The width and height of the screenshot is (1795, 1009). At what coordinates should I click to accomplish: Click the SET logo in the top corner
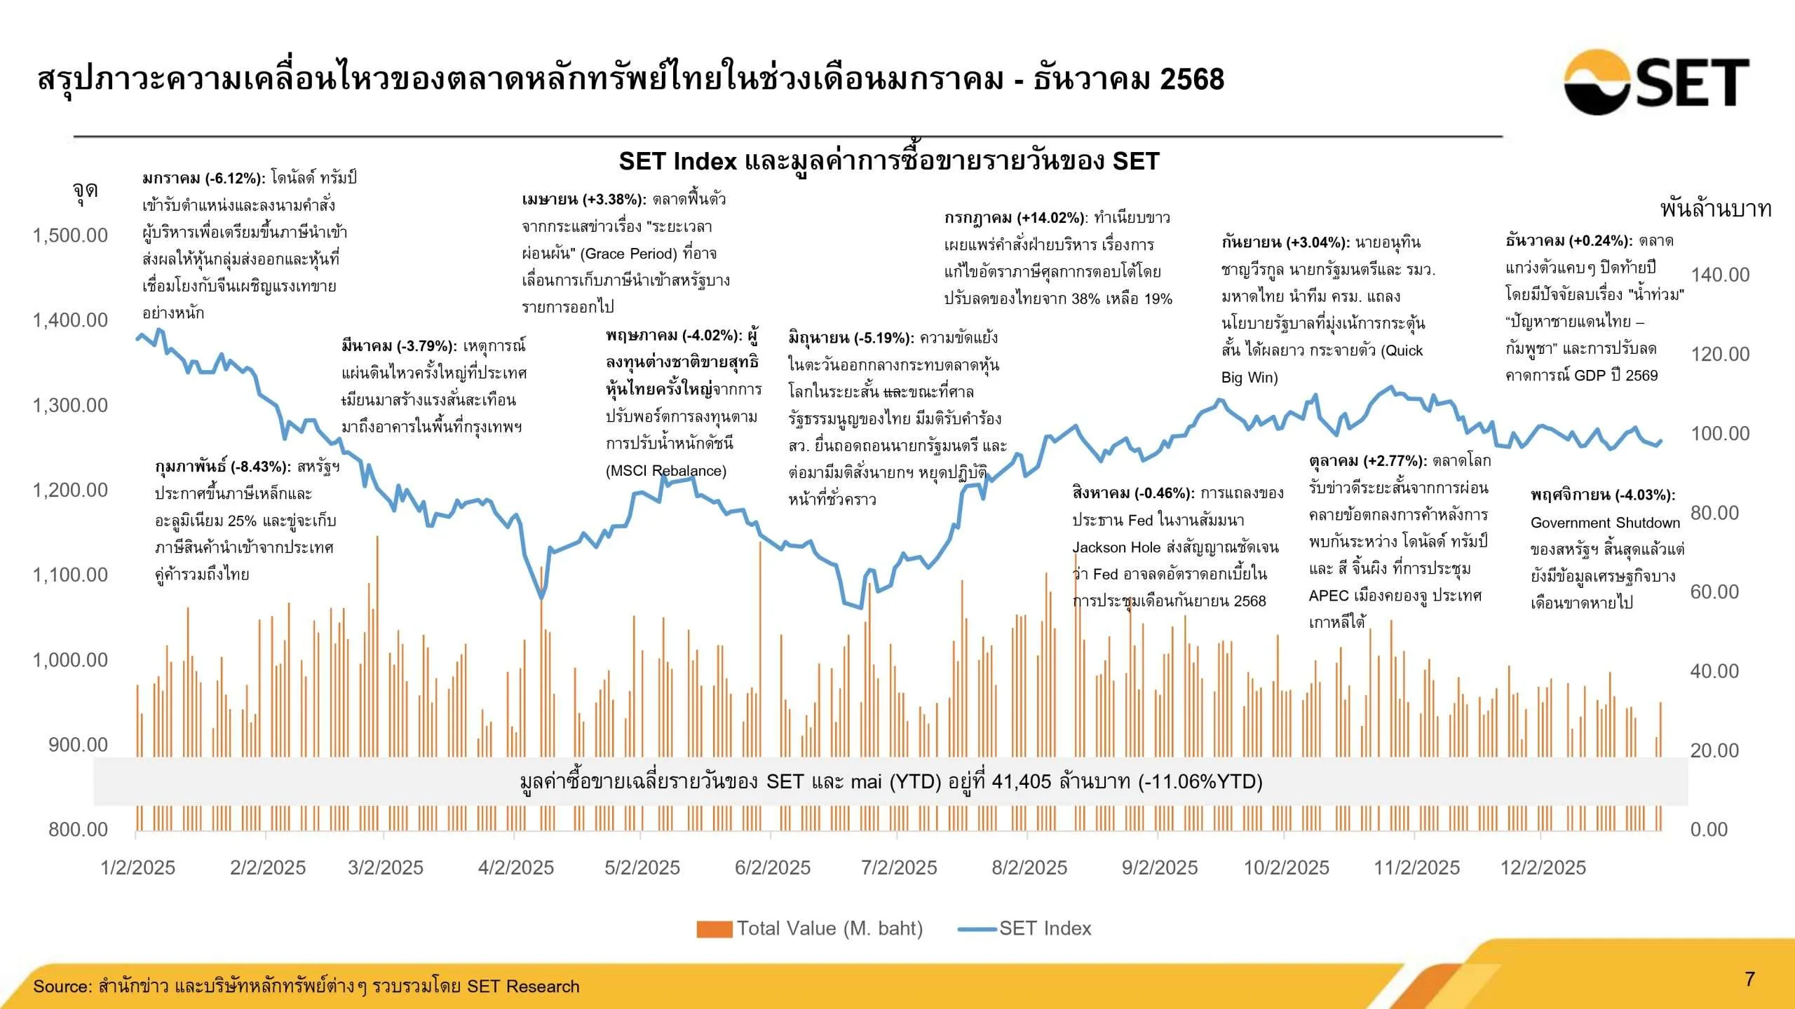coord(1656,82)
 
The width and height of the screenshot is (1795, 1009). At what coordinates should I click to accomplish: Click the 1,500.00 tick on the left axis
coord(70,235)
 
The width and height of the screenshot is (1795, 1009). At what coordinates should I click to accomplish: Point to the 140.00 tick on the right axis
coord(1719,275)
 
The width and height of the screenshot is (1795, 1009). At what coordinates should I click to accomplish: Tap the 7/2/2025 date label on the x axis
coord(899,867)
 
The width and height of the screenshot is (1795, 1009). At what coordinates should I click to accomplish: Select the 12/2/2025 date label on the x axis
coord(1543,867)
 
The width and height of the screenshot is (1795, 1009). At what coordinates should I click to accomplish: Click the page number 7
coord(1749,979)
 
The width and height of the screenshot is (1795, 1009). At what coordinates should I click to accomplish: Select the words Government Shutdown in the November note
coord(1605,523)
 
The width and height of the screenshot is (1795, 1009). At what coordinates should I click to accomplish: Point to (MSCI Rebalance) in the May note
coord(665,471)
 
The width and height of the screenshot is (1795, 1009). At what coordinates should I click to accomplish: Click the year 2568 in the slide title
coord(1191,79)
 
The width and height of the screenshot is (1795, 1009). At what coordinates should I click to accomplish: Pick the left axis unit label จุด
coord(85,191)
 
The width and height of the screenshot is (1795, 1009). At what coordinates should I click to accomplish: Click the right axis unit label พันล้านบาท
coord(1715,209)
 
